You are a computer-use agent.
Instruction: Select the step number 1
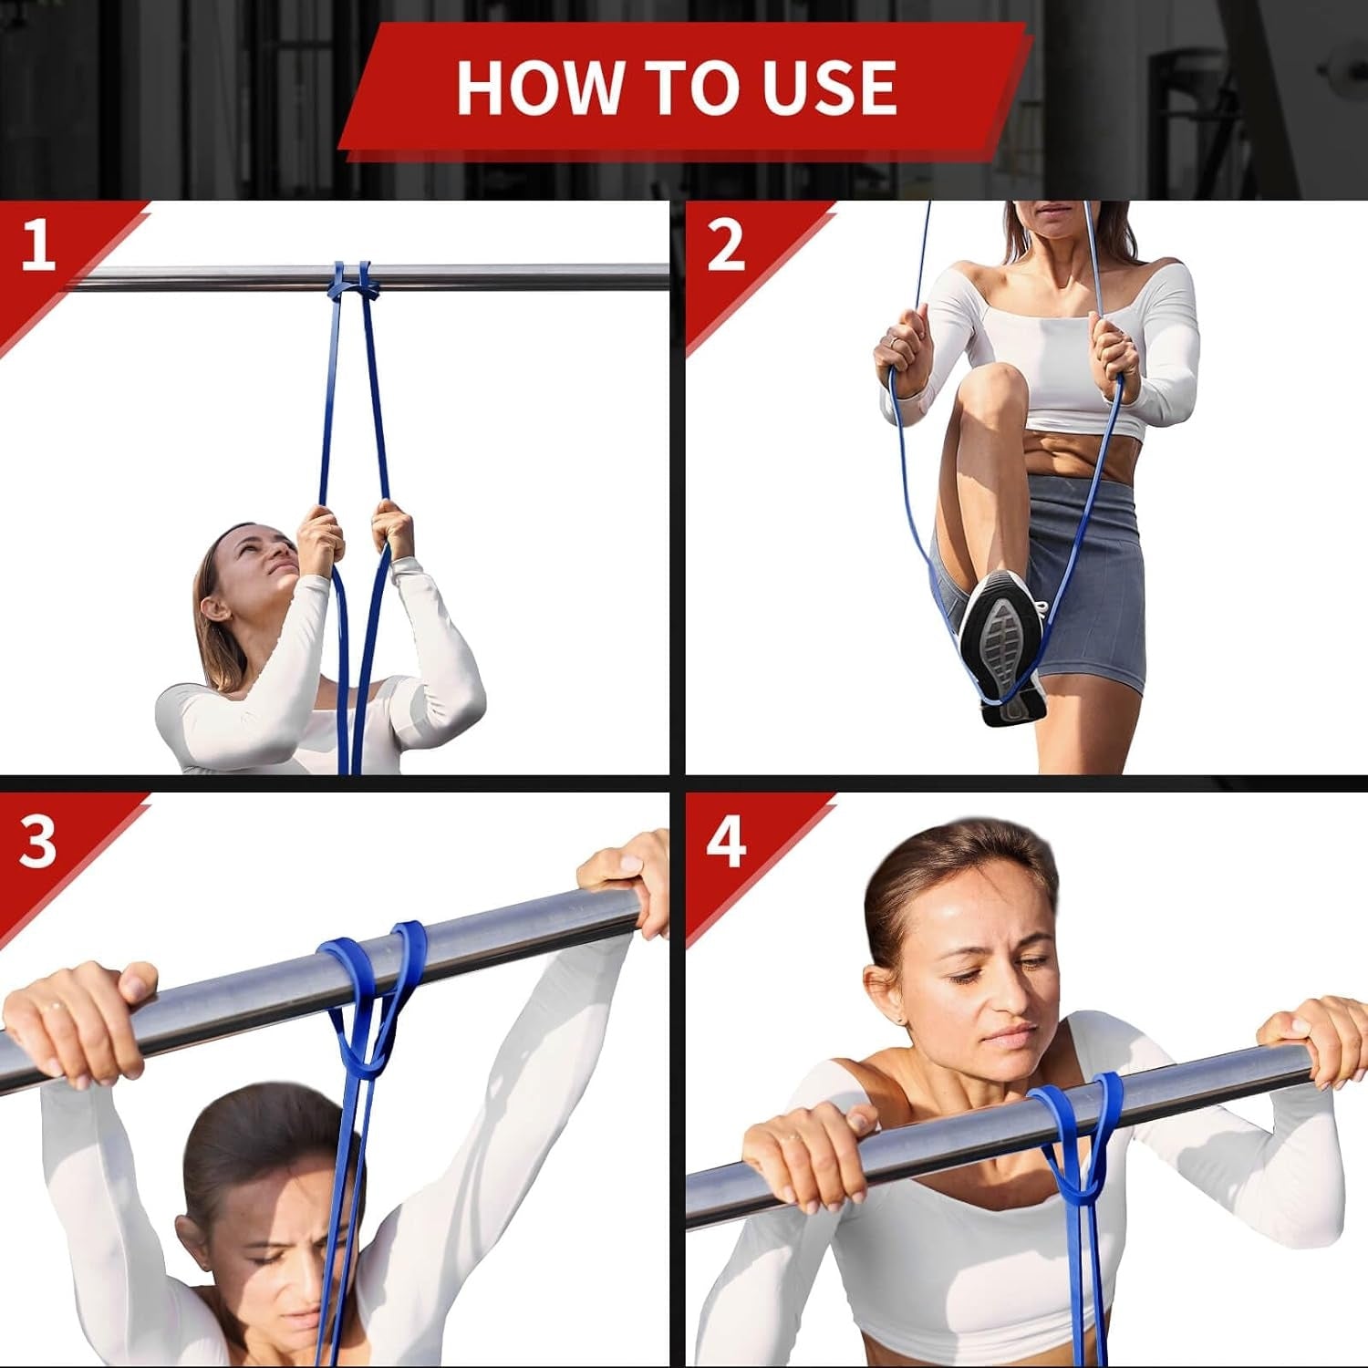pyautogui.click(x=37, y=244)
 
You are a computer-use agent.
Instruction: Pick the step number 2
pyautogui.click(x=725, y=244)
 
